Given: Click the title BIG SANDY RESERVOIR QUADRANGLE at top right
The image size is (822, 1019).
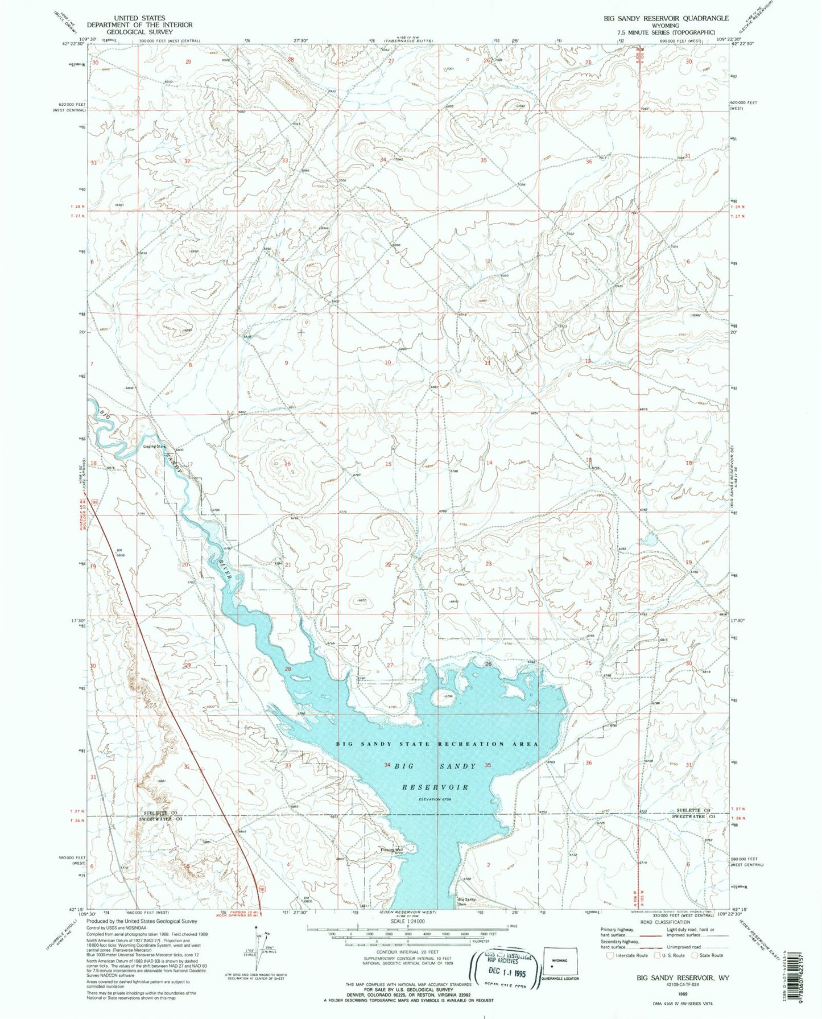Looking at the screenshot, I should (658, 18).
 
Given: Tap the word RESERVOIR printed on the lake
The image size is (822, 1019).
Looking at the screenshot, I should (435, 787).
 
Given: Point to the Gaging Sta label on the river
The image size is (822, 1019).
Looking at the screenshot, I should (154, 447).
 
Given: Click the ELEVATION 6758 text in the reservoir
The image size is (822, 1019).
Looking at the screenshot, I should (437, 799).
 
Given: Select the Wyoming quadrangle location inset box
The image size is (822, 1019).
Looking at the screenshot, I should (560, 963).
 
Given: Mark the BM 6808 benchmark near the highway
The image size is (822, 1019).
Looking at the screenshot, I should (120, 552).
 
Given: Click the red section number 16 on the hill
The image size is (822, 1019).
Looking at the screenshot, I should (288, 464).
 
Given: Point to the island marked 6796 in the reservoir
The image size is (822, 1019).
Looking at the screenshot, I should (441, 696).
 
